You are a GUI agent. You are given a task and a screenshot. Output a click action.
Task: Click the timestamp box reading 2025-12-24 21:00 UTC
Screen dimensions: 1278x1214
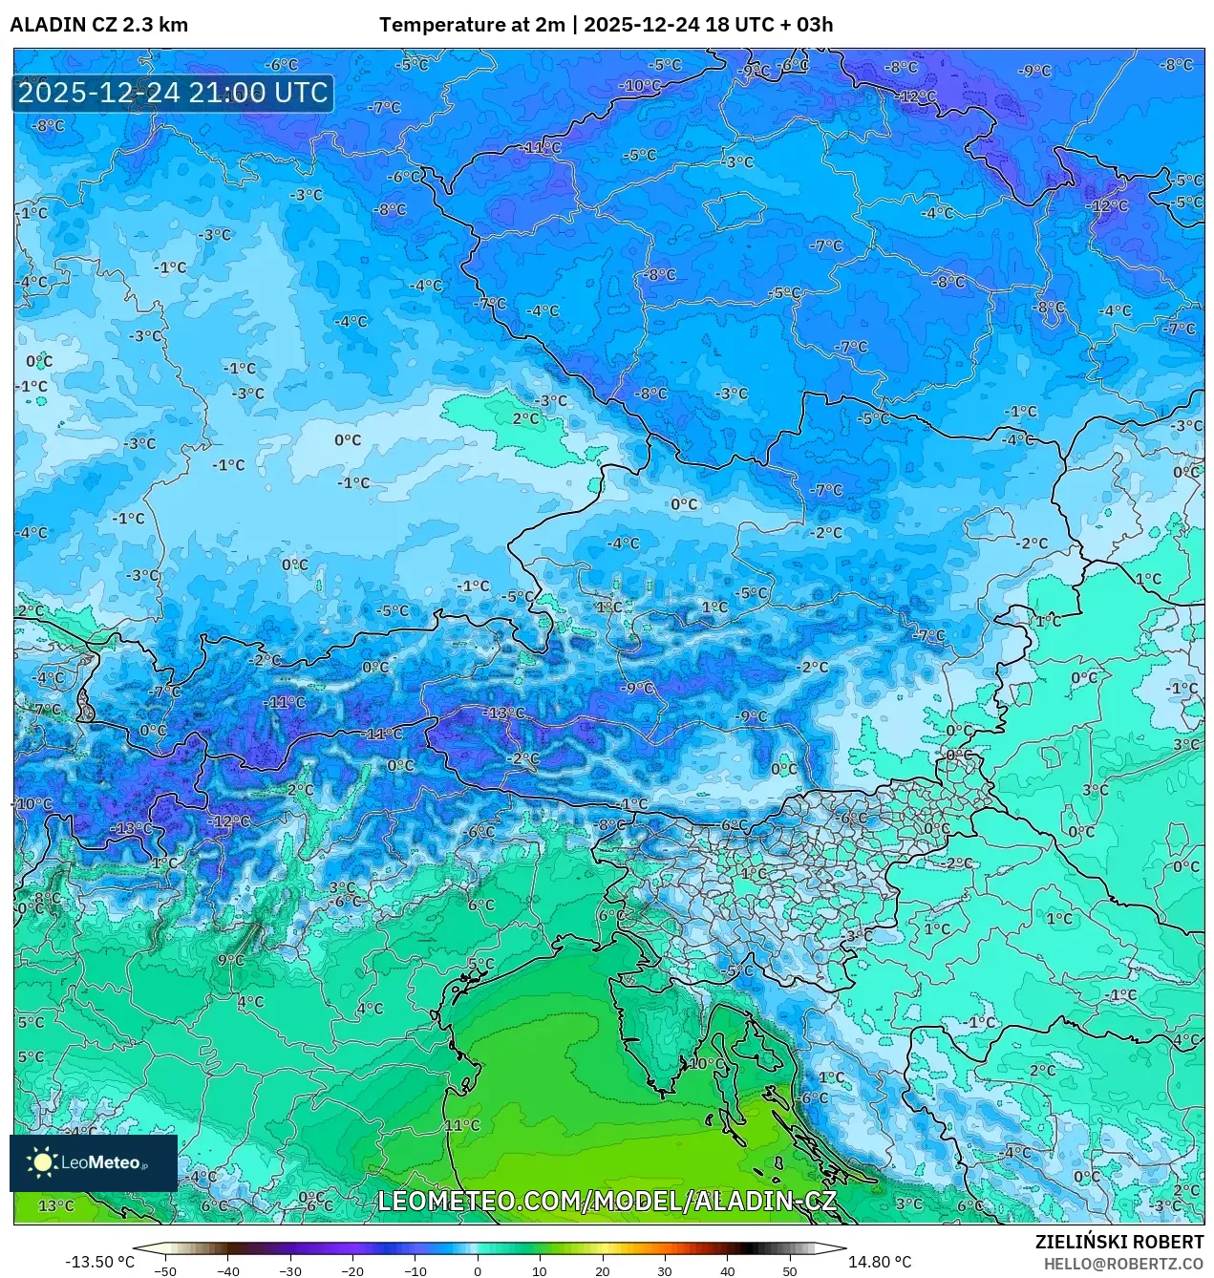[x=172, y=94]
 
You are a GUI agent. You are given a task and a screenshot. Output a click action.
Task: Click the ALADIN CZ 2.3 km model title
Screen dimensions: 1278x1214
[x=98, y=25]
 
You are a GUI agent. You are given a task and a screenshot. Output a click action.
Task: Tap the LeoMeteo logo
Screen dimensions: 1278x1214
[x=93, y=1162]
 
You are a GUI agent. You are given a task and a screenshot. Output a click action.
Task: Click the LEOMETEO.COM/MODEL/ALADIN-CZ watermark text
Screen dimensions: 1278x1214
[x=607, y=1201]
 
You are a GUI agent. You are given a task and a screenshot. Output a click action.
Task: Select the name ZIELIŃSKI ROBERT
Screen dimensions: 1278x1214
[x=1118, y=1242]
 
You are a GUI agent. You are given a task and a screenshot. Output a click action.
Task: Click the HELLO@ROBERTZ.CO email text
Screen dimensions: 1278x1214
[x=1123, y=1264]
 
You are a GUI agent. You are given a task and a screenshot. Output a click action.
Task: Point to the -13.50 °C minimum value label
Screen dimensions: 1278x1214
[x=99, y=1262]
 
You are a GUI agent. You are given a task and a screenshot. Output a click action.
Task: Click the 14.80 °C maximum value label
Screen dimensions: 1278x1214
[x=879, y=1262]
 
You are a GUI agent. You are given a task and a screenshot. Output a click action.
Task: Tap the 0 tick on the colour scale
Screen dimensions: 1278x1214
[x=478, y=1271]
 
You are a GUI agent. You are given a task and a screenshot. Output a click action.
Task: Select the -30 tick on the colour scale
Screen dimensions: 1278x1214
[x=289, y=1271]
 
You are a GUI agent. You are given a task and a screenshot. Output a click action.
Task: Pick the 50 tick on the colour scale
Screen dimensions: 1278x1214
[x=790, y=1271]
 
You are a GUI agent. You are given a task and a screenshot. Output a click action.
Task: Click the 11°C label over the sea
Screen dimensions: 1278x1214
[x=461, y=1125]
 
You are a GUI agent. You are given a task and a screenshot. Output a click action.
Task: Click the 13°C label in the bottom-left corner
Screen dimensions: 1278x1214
[x=55, y=1205]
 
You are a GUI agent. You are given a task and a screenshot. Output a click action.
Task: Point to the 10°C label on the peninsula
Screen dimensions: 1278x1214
[x=706, y=1063]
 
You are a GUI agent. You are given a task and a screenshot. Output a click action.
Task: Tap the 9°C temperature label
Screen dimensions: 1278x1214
[x=230, y=960]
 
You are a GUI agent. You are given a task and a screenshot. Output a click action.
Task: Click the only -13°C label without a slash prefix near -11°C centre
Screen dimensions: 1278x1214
[x=503, y=713]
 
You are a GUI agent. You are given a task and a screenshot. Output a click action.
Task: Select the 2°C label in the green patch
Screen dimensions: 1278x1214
[x=525, y=418]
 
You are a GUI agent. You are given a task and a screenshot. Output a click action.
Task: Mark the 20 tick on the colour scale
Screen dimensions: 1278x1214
[x=602, y=1271]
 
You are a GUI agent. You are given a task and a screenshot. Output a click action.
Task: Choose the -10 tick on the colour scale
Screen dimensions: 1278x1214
[x=415, y=1271]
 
